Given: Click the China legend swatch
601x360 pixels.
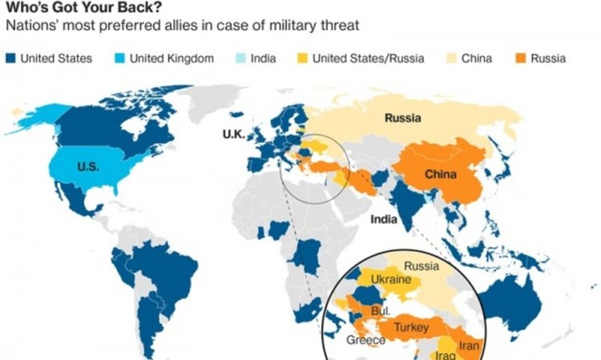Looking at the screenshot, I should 450,59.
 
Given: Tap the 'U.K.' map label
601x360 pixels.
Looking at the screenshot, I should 233,133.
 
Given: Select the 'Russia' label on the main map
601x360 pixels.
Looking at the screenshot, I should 403,119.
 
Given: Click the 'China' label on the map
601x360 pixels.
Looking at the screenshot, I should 441,175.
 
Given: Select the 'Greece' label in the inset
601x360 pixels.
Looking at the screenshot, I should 365,340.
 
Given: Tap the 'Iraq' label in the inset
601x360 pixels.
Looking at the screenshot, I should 447,354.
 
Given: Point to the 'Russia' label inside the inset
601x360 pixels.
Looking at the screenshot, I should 421,266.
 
